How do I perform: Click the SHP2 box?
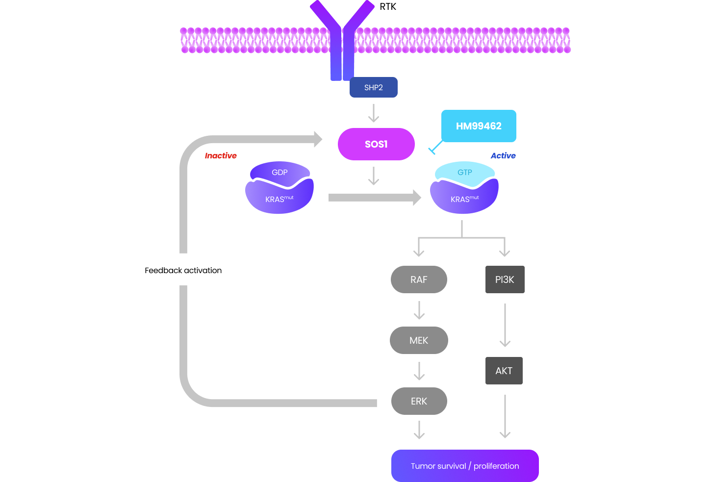pyautogui.click(x=373, y=87)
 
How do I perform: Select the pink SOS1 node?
pyautogui.click(x=376, y=144)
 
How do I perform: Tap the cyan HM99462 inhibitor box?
pyautogui.click(x=479, y=126)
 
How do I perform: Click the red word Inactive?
pyautogui.click(x=221, y=155)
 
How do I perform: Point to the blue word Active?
pyautogui.click(x=503, y=155)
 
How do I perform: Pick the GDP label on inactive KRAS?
pyautogui.click(x=280, y=173)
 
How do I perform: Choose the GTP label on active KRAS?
pyautogui.click(x=465, y=173)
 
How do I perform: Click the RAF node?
pyautogui.click(x=419, y=279)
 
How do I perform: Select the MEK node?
pyautogui.click(x=419, y=340)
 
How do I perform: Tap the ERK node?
pyautogui.click(x=419, y=401)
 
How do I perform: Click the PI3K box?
pyautogui.click(x=505, y=279)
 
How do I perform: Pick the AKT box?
pyautogui.click(x=504, y=371)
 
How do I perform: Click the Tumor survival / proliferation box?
pyautogui.click(x=465, y=466)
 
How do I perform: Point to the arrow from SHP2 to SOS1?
pyautogui.click(x=374, y=113)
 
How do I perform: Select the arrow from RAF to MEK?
pyautogui.click(x=419, y=310)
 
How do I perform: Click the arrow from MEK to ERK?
pyautogui.click(x=419, y=371)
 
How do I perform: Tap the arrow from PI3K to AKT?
pyautogui.click(x=505, y=325)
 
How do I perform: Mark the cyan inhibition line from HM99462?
pyautogui.click(x=435, y=147)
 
